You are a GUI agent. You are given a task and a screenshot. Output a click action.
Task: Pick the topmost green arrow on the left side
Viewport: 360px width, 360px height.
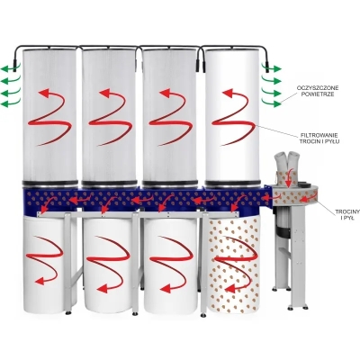pyautogui.click(x=11, y=68)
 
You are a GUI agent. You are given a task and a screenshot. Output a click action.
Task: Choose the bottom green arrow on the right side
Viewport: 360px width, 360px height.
pyautogui.click(x=271, y=103)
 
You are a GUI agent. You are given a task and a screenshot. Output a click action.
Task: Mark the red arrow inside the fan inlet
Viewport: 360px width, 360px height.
pyautogui.click(x=289, y=178)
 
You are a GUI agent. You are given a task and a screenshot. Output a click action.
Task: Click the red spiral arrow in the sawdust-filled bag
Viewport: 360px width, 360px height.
pyautogui.click(x=235, y=260)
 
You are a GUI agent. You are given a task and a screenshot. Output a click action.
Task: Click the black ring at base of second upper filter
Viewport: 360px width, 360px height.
pyautogui.click(x=110, y=183)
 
